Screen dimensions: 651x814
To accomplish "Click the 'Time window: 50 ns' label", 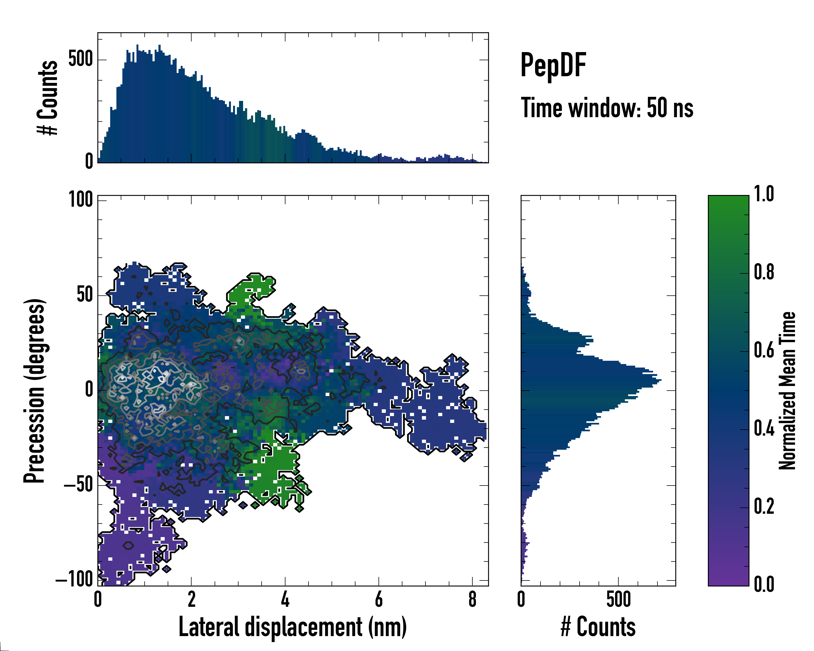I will coord(607,108).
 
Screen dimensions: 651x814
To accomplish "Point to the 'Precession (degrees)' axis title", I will coord(35,390).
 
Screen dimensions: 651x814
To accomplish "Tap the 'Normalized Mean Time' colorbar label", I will coord(787,390).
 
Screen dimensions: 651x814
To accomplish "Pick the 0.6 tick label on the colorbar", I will coord(764,350).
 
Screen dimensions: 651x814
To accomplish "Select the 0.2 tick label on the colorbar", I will coord(764,506).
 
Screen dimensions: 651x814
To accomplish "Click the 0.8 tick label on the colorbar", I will coord(764,272).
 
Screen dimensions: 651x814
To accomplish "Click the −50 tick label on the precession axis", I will coord(78,484).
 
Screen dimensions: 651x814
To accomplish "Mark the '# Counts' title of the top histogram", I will coord(48,97).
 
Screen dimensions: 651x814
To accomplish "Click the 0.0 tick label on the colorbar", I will coord(764,584).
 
